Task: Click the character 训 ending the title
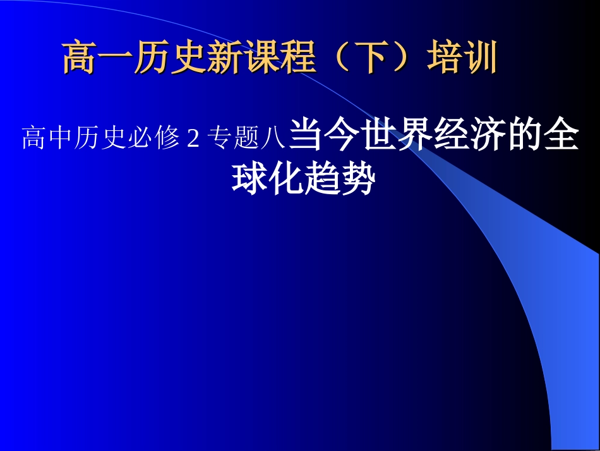480,58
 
